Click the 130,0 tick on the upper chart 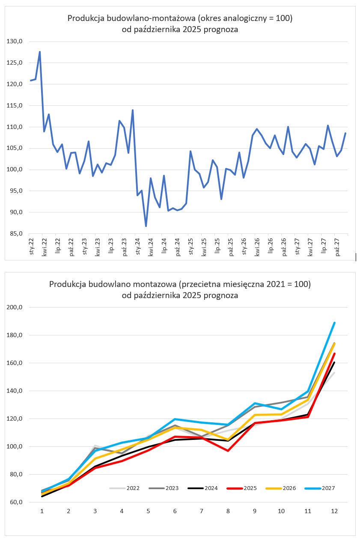pos(15,42)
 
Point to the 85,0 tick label pos(15,234)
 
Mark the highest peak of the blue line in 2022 pos(40,52)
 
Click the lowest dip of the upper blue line pos(146,226)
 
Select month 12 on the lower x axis pos(334,511)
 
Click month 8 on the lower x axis pos(228,511)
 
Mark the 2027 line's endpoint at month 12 pos(334,323)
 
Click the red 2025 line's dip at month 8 pos(228,451)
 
